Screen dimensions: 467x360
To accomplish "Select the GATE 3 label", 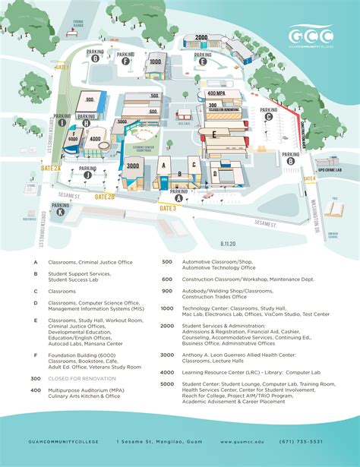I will [168, 207].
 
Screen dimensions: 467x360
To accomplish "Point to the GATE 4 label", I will [309, 179].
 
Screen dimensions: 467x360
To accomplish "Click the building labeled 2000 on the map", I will [201, 37].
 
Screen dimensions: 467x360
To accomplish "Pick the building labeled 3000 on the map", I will [133, 166].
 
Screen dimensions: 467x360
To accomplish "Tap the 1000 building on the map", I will [155, 62].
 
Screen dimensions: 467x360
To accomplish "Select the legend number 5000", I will [167, 384].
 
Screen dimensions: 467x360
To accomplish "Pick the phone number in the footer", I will [302, 442].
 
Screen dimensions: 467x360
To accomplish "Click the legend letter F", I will [35, 355].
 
